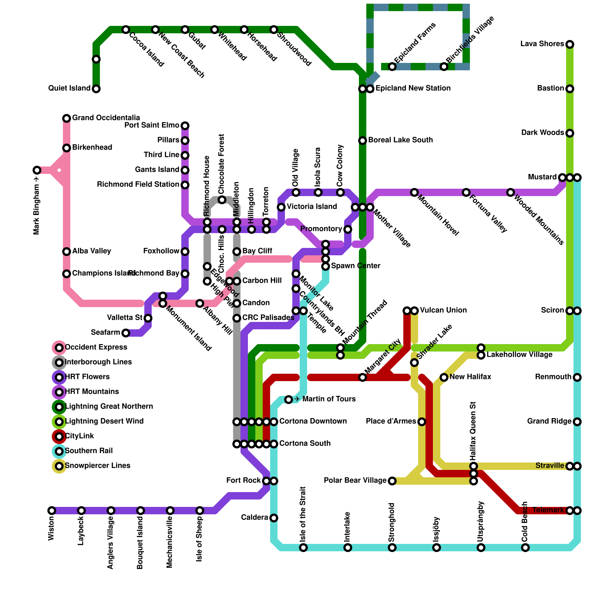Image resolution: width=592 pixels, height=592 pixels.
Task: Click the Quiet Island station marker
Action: pyautogui.click(x=96, y=89)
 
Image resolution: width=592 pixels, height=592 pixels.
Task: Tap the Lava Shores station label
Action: pyautogui.click(x=542, y=44)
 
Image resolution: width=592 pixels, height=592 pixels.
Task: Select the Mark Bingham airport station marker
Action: pyautogui.click(x=37, y=170)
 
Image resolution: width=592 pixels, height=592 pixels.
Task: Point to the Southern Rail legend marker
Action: pyautogui.click(x=59, y=451)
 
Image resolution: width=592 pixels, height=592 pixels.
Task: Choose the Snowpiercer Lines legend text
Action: pyautogui.click(x=97, y=466)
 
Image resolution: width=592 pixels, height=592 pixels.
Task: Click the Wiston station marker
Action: pyautogui.click(x=52, y=511)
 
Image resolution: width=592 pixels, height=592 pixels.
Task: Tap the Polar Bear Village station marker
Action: pyautogui.click(x=392, y=481)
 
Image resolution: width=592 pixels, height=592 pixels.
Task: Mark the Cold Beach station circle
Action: pyautogui.click(x=525, y=548)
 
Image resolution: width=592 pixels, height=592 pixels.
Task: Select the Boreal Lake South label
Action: pyautogui.click(x=400, y=140)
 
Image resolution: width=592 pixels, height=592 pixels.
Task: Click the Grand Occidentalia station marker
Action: pyautogui.click(x=67, y=118)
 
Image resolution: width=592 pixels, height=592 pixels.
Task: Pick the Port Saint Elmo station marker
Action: pyautogui.click(x=185, y=126)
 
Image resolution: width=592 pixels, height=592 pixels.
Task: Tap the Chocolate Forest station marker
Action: pyautogui.click(x=222, y=200)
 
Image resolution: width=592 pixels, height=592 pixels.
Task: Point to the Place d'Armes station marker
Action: pyautogui.click(x=422, y=422)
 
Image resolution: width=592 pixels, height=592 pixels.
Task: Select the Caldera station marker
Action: pyautogui.click(x=274, y=518)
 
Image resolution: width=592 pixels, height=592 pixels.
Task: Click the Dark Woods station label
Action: pyautogui.click(x=542, y=133)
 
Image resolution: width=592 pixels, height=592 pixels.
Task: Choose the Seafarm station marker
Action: pyautogui.click(x=126, y=333)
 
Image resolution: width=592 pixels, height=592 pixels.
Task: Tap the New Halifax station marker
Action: pyautogui.click(x=444, y=377)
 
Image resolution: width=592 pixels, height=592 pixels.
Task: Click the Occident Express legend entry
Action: pyautogui.click(x=96, y=347)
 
